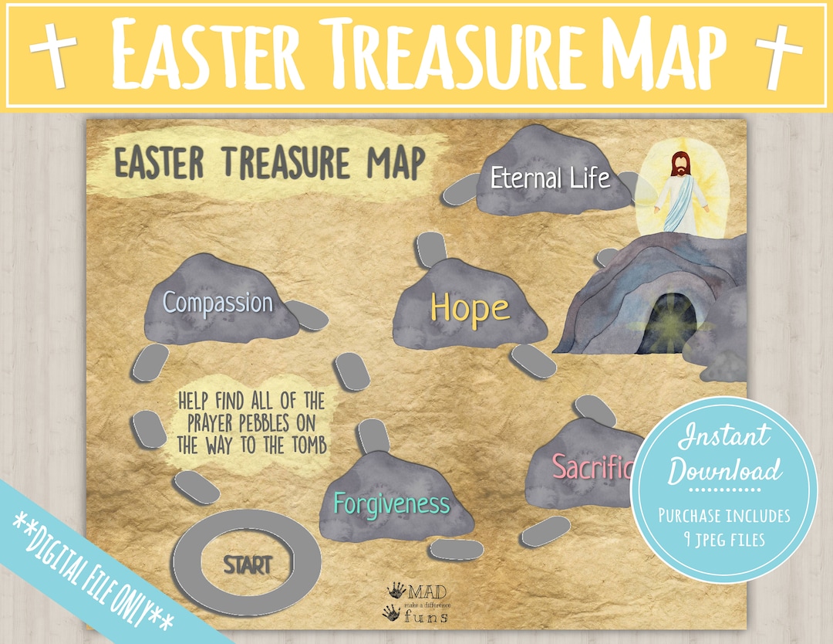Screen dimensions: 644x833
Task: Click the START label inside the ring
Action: (x=248, y=564)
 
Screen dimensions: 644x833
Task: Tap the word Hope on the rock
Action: (x=470, y=307)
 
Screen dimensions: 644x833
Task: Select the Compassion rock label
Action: (x=218, y=302)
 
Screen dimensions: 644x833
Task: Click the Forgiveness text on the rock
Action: (x=391, y=504)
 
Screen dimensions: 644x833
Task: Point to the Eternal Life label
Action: (x=550, y=178)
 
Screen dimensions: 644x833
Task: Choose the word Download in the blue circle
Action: (x=724, y=470)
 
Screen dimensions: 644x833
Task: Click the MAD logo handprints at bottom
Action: (x=394, y=602)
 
